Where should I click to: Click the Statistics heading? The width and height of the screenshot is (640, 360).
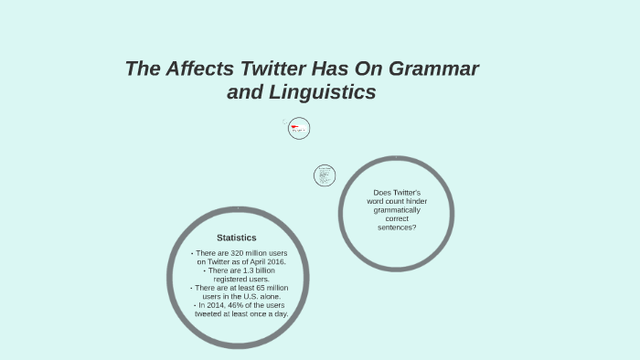(x=236, y=238)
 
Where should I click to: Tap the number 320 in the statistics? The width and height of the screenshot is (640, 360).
(x=234, y=253)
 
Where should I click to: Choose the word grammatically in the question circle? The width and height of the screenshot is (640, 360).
(x=397, y=209)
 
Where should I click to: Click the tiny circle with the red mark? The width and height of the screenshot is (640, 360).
(x=299, y=129)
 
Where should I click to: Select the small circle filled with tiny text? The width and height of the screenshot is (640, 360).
(x=325, y=175)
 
